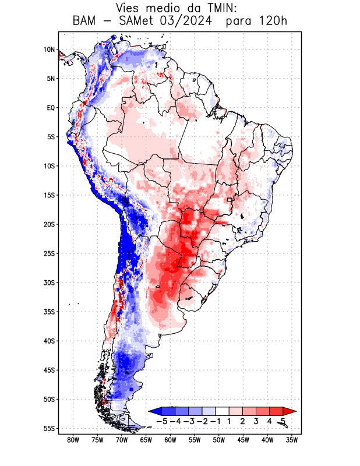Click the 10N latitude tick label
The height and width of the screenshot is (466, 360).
click(x=49, y=50)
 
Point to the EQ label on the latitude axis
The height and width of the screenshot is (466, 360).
click(x=51, y=108)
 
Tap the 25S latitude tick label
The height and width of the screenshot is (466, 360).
click(x=48, y=253)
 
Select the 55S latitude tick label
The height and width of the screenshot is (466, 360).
click(x=48, y=429)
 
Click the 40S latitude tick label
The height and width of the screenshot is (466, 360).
click(x=48, y=341)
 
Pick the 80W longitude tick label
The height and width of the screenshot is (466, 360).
click(x=73, y=440)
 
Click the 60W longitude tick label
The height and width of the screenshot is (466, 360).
click(x=170, y=440)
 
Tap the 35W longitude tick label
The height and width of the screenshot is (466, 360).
click(x=292, y=440)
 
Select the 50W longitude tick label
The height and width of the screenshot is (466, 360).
click(x=219, y=440)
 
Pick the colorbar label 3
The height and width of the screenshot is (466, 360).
click(x=256, y=421)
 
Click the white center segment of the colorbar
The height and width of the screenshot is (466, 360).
click(x=223, y=411)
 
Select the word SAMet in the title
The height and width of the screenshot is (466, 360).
click(x=139, y=22)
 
